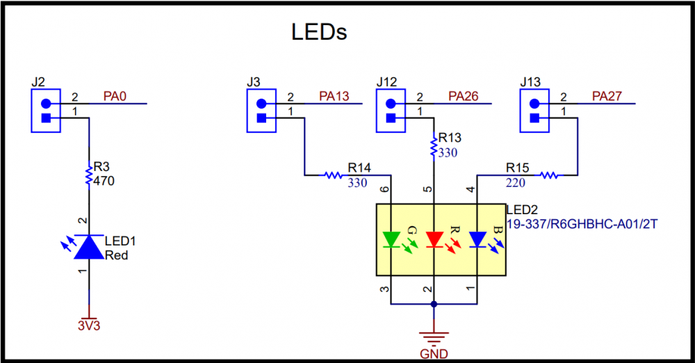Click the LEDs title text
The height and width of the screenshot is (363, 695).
[318, 32]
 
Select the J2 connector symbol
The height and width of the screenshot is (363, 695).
[47, 111]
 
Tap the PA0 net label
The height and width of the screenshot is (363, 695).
[115, 96]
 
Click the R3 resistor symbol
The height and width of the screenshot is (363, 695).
[89, 174]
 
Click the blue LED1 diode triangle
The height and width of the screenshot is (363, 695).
[89, 248]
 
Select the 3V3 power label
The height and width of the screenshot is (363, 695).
[89, 325]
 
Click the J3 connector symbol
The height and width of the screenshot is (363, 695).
[262, 111]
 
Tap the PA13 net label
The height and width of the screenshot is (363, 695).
[334, 96]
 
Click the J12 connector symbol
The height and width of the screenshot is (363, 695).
[391, 111]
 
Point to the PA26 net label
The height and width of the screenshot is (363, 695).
[463, 96]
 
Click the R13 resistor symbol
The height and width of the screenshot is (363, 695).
[434, 145]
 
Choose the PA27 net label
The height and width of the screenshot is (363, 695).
[607, 96]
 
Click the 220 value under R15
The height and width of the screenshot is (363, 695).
[516, 183]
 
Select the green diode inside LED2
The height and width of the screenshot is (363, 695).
[391, 240]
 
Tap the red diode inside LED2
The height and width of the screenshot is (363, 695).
[434, 240]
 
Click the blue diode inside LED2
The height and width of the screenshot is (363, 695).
[477, 240]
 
